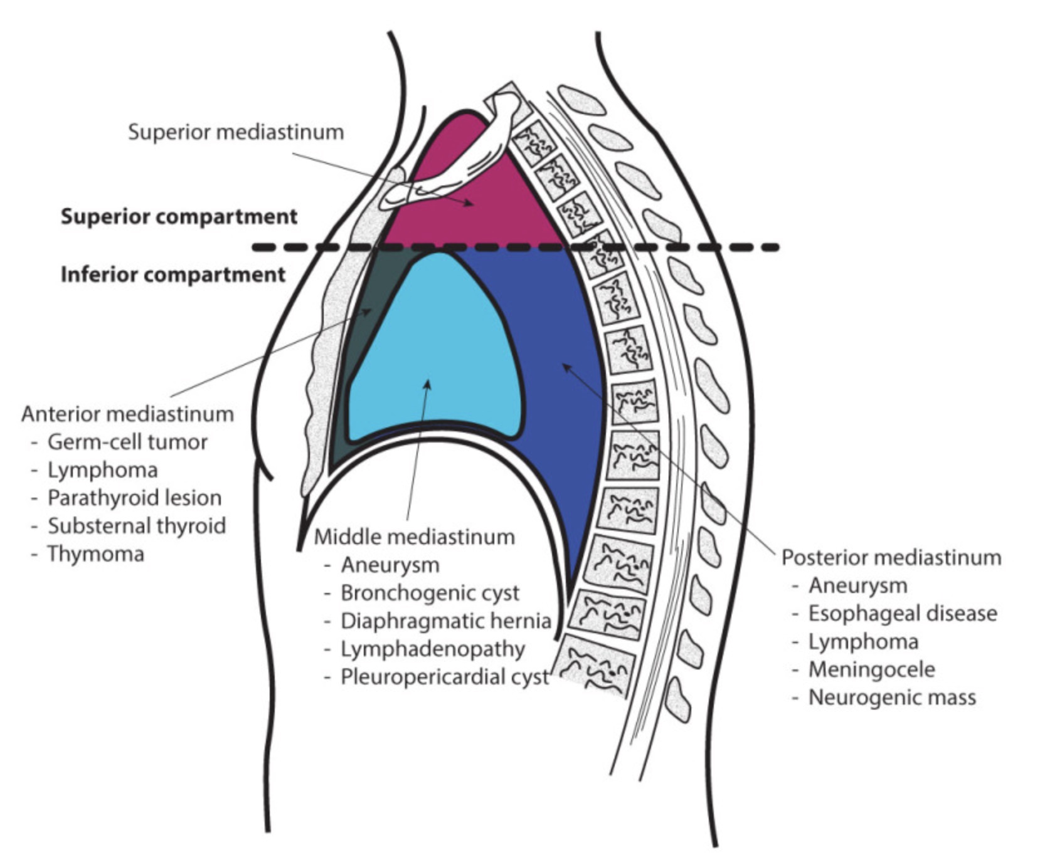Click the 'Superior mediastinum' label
click(x=236, y=132)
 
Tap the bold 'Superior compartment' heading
click(x=179, y=217)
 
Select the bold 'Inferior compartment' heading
click(x=173, y=275)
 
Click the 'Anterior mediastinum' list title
click(x=127, y=414)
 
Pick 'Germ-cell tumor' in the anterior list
click(x=127, y=442)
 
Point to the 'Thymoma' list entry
click(x=96, y=554)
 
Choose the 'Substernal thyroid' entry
click(x=137, y=526)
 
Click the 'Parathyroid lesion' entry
click(x=134, y=498)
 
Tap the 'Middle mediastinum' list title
click(x=414, y=537)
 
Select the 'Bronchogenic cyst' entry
click(x=430, y=593)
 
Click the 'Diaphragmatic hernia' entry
click(x=445, y=621)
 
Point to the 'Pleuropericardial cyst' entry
click(x=445, y=677)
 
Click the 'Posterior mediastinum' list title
click(x=891, y=557)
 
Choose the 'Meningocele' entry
click(x=871, y=669)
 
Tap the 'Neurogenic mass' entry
click(x=892, y=698)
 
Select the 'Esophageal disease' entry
click(x=902, y=613)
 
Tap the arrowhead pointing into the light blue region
click(x=429, y=384)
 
